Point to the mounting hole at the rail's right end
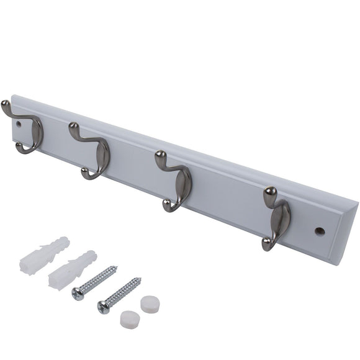click(x=320, y=231)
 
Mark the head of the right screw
click(x=104, y=305)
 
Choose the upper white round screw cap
click(x=149, y=304)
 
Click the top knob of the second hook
click(x=74, y=129)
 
